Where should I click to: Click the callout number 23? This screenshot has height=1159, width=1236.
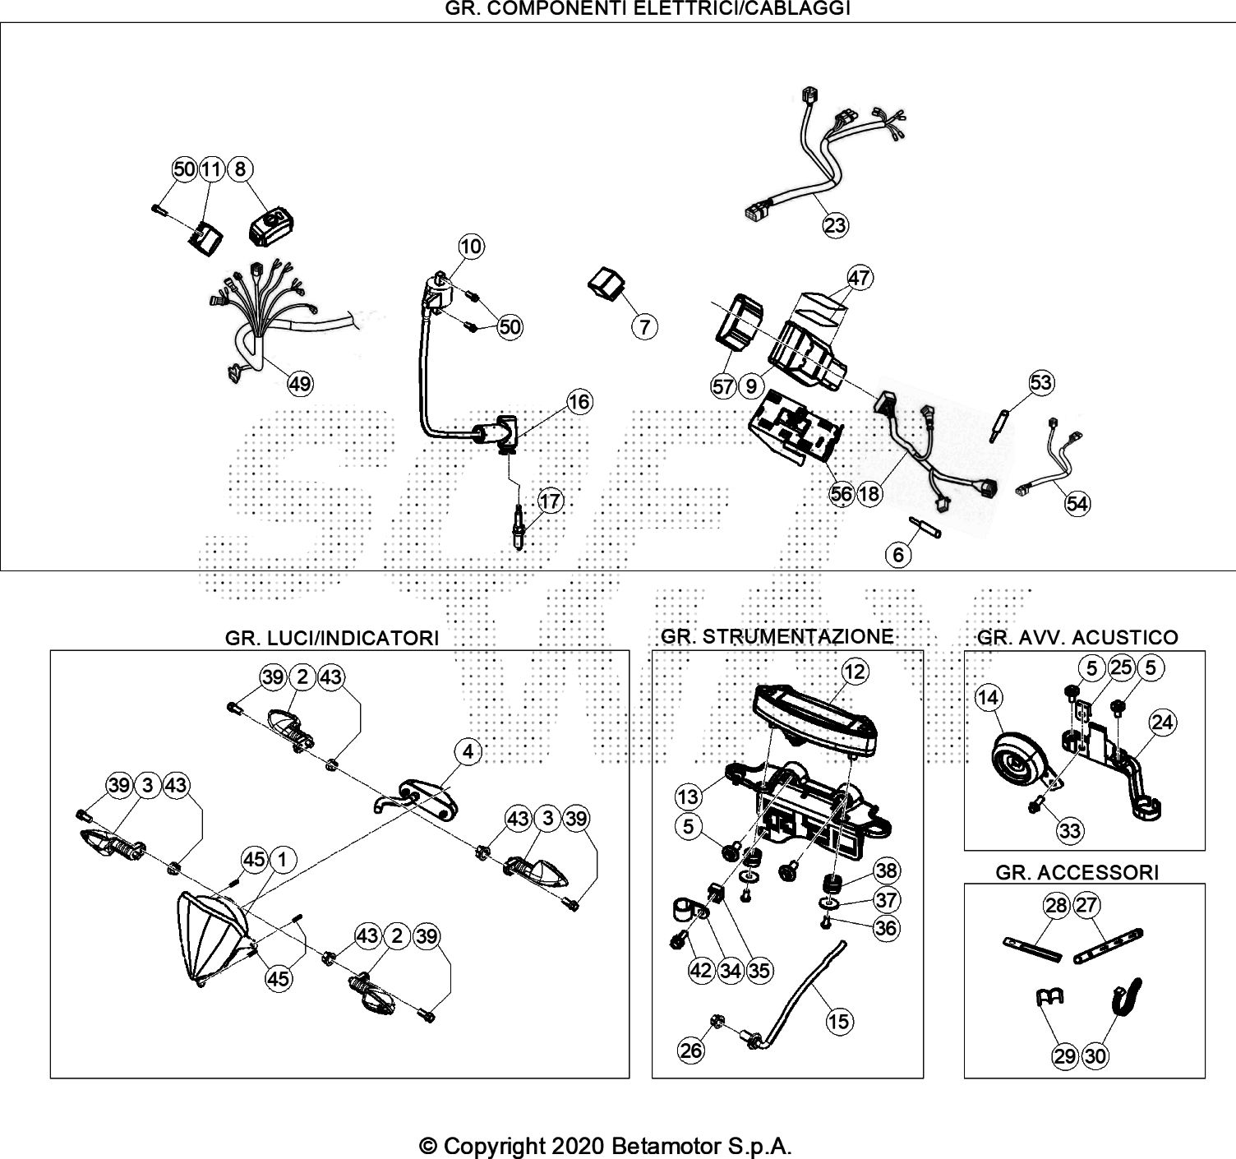[835, 224]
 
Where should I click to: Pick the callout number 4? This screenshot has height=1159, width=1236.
[468, 750]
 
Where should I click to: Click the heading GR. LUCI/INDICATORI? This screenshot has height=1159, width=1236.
[331, 638]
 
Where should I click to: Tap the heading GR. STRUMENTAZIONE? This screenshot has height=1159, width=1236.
[777, 636]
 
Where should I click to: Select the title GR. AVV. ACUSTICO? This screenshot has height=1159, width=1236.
[1077, 637]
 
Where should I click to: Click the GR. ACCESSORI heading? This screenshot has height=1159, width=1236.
[1077, 873]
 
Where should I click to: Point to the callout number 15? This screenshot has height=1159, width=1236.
[839, 1021]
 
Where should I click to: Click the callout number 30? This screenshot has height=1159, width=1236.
[1095, 1055]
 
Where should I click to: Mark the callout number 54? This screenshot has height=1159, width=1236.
[1077, 503]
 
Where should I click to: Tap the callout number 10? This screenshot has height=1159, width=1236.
[472, 246]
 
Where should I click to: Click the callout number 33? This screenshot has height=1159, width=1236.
[1069, 831]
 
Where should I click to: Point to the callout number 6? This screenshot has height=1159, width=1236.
[898, 555]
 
